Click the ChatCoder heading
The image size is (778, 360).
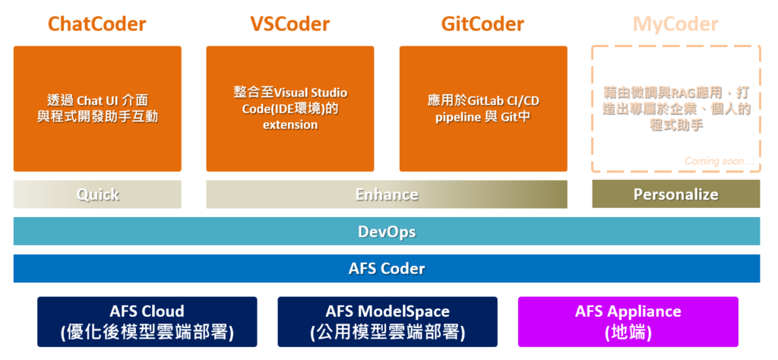(96, 24)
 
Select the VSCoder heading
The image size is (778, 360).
(289, 24)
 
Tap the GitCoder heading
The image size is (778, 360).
(482, 24)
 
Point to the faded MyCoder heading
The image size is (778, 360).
(675, 24)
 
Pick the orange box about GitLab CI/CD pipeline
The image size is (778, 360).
(483, 144)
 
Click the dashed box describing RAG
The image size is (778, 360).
(675, 76)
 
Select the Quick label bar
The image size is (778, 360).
(97, 194)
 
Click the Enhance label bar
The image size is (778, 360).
(387, 194)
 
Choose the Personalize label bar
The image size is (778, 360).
(675, 194)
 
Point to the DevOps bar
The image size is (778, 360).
(387, 232)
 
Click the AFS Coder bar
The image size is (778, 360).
(387, 268)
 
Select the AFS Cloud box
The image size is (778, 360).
(147, 321)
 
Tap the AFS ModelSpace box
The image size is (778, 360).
(387, 321)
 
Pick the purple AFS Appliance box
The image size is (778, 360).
(628, 321)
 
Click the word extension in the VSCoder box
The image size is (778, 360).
(290, 125)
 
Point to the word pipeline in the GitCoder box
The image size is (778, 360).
(457, 117)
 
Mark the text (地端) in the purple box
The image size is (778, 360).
(628, 332)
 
